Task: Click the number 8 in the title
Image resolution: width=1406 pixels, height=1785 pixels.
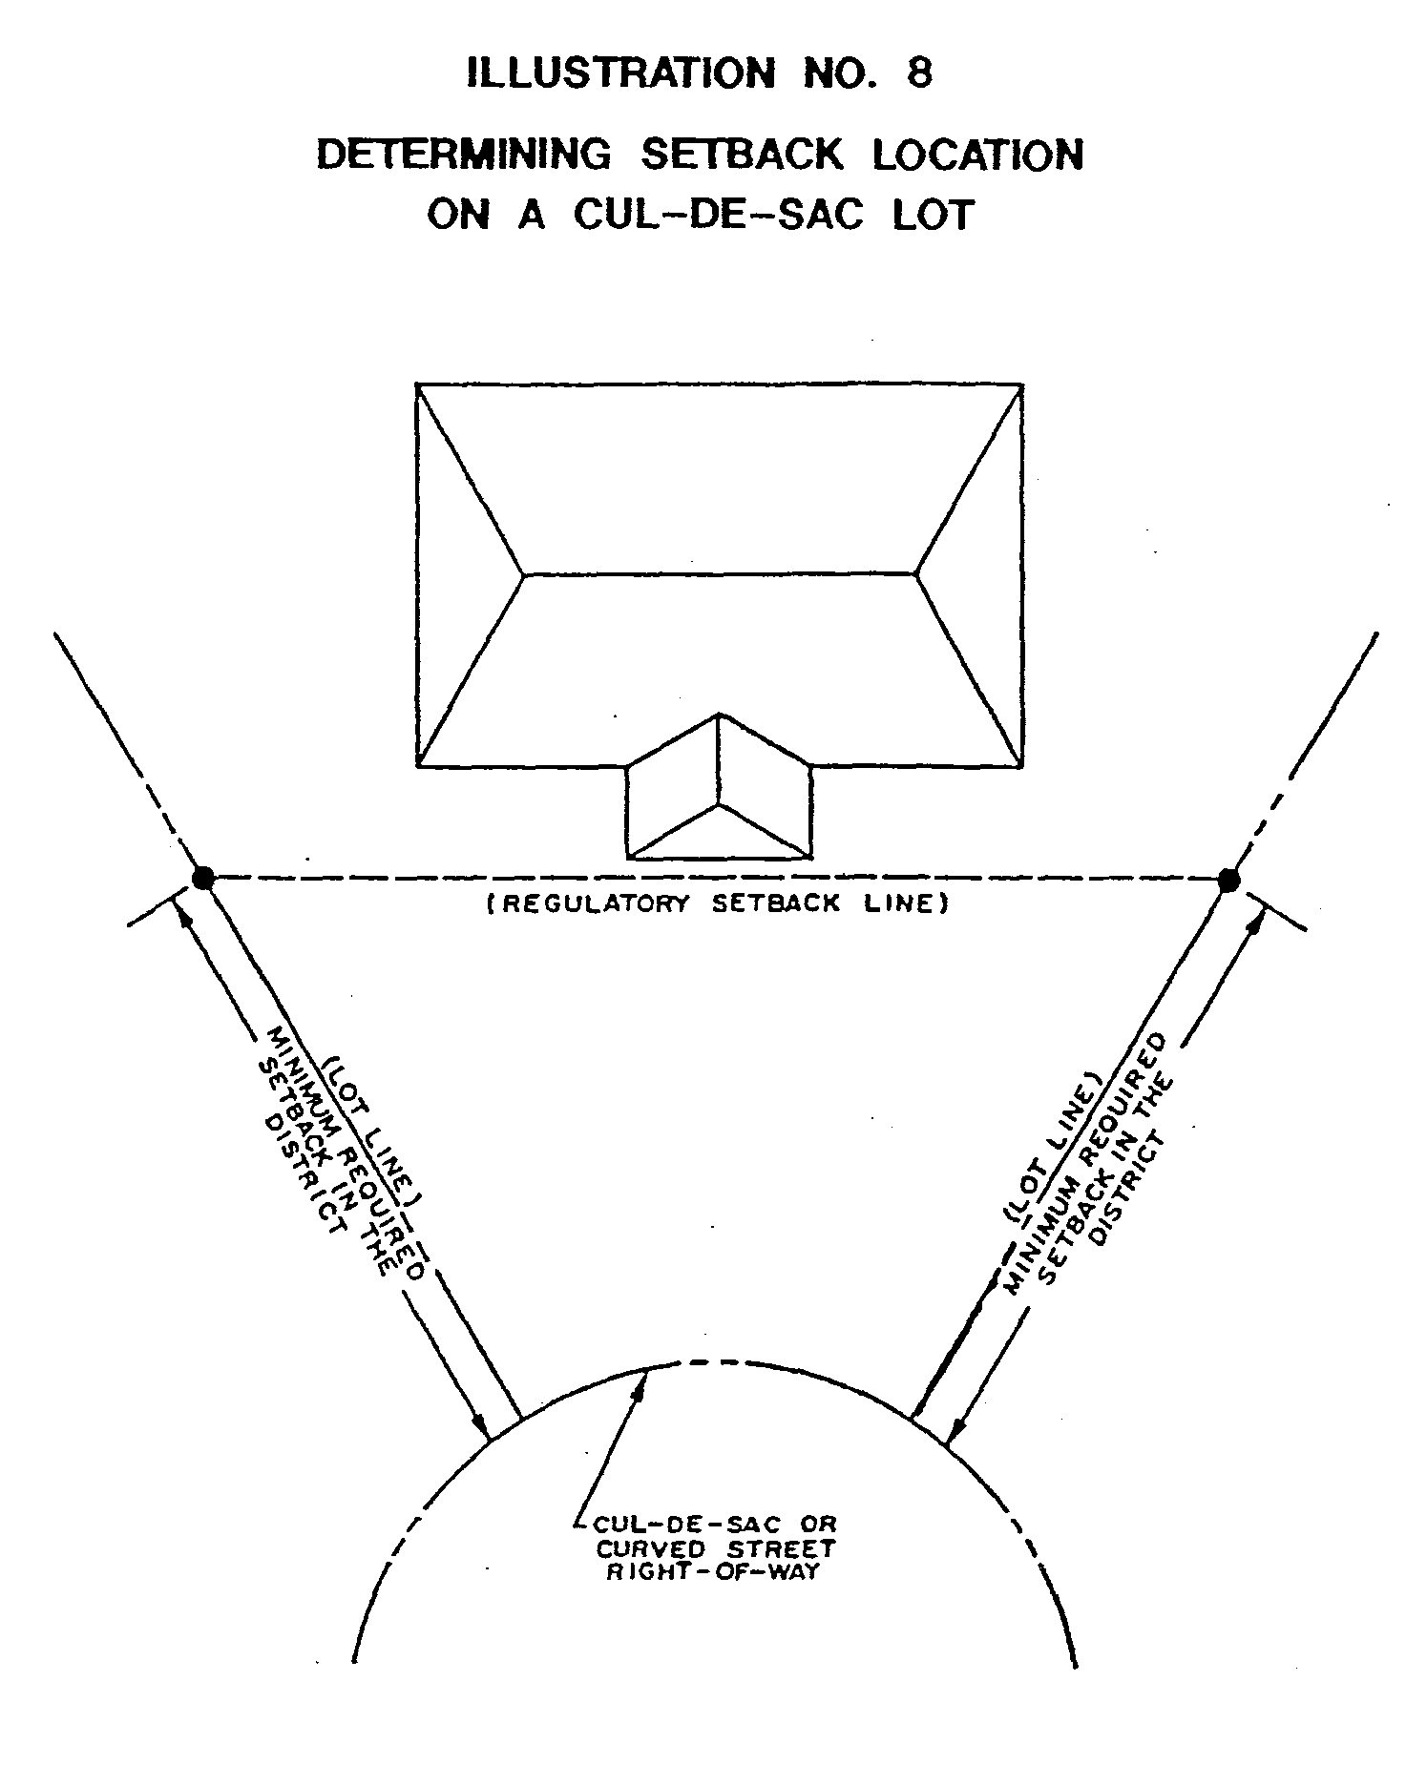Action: (x=918, y=73)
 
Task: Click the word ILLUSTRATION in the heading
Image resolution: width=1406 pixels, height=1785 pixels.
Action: (x=620, y=73)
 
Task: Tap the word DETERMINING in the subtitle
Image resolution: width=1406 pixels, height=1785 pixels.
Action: (x=463, y=156)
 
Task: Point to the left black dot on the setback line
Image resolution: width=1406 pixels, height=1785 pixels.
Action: (x=202, y=878)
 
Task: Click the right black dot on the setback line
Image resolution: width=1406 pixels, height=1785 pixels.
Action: (x=1228, y=879)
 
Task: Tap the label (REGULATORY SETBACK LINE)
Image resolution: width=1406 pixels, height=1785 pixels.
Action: (x=717, y=903)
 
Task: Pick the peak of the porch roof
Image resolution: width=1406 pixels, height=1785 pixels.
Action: (x=719, y=715)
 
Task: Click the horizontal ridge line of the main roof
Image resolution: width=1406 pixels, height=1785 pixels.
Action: (x=719, y=574)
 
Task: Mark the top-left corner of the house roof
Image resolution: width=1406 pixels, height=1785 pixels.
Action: (x=417, y=385)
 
